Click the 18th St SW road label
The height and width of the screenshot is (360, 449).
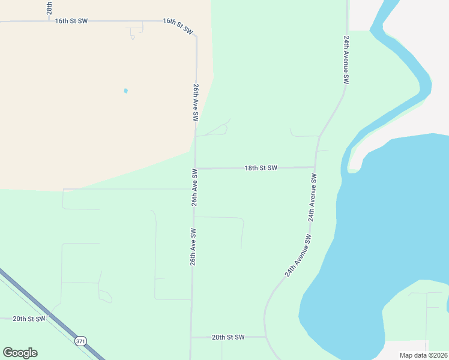(261, 168)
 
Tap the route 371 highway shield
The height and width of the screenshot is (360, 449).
(80, 341)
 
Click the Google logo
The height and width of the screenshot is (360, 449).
(20, 353)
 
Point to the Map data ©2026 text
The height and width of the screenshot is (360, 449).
(423, 355)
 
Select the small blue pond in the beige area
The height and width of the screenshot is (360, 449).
(125, 91)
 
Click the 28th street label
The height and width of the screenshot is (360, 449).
(49, 7)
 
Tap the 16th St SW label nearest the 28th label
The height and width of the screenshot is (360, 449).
(71, 21)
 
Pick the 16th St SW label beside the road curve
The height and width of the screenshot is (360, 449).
(178, 25)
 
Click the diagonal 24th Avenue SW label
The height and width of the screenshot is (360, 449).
(298, 255)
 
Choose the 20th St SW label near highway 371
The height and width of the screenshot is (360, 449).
(29, 319)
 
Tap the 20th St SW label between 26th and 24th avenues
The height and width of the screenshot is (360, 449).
(228, 337)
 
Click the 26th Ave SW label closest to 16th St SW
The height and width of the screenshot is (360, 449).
(196, 103)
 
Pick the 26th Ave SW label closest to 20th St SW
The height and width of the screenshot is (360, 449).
(193, 247)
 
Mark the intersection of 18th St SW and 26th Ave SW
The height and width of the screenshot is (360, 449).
(196, 169)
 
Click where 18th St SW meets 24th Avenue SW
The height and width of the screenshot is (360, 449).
(315, 167)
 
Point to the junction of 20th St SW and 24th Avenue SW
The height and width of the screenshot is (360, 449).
(265, 337)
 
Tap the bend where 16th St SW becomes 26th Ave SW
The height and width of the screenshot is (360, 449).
(194, 34)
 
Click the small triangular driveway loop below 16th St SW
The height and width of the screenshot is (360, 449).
(133, 37)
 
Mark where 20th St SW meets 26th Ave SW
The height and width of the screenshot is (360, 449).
(191, 337)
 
